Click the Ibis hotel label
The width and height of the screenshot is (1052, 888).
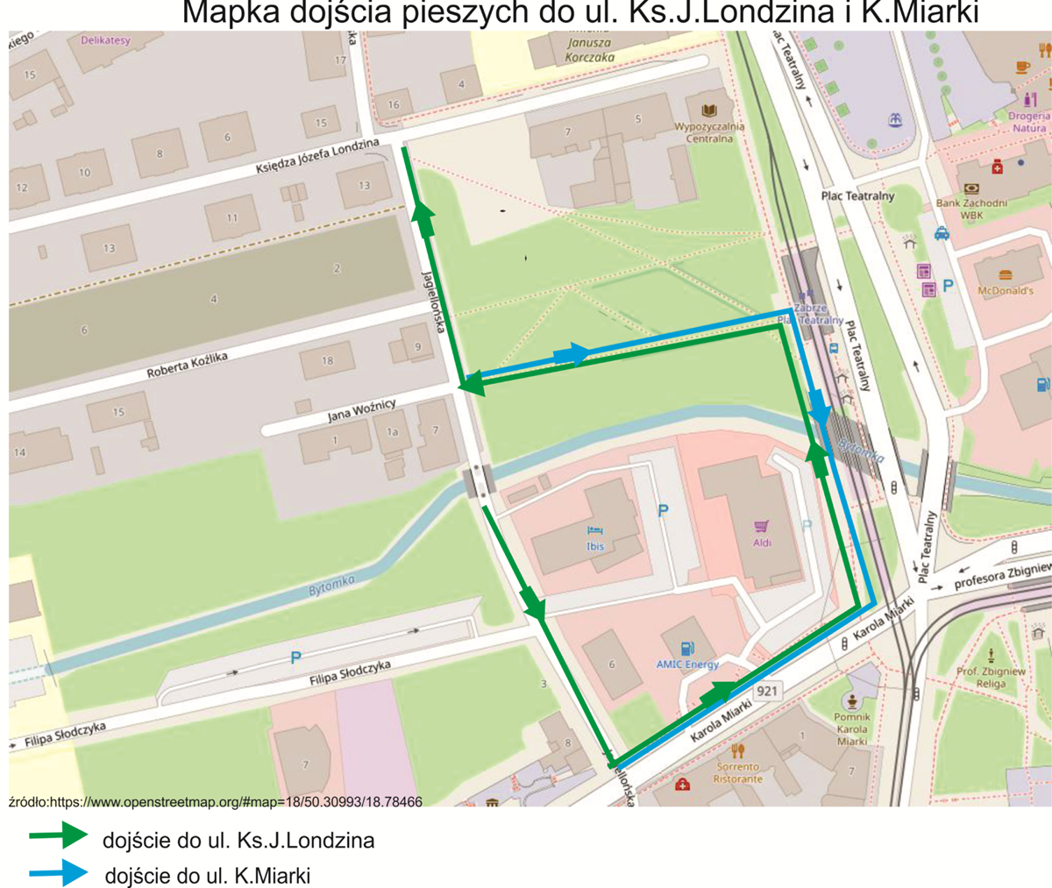click(x=595, y=546)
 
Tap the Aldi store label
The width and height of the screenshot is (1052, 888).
click(x=762, y=543)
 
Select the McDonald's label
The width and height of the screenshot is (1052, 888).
click(x=1005, y=290)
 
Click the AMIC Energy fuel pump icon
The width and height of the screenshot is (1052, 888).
click(x=688, y=649)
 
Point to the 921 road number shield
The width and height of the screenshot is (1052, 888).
click(x=766, y=691)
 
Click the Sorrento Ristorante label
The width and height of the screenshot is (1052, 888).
click(x=737, y=772)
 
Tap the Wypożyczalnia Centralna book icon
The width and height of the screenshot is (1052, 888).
click(x=708, y=110)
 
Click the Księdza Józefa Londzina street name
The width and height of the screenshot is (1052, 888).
click(x=317, y=157)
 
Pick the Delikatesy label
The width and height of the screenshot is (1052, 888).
click(x=105, y=40)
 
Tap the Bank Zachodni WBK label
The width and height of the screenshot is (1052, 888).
click(x=971, y=209)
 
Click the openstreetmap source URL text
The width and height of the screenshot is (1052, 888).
click(x=216, y=801)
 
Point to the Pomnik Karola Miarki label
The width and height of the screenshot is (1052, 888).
click(x=851, y=729)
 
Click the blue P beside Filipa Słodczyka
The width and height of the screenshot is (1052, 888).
click(x=295, y=657)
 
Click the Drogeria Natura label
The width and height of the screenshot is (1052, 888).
click(x=1028, y=122)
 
